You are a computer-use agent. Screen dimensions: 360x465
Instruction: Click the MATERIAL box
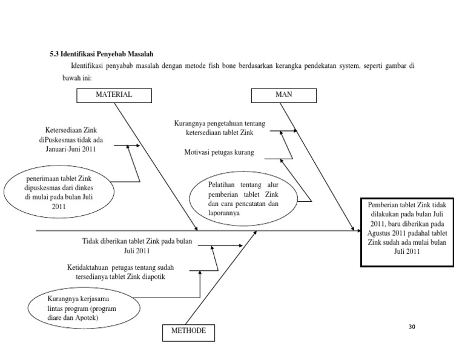click(x=113, y=95)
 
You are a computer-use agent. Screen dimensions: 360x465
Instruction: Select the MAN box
click(x=283, y=95)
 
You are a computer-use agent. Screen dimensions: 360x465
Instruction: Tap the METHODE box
click(x=188, y=331)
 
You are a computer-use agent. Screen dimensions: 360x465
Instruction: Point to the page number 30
click(x=412, y=327)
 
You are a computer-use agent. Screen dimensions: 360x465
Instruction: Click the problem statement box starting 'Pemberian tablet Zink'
click(x=406, y=231)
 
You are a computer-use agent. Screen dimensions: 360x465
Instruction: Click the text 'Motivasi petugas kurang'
click(x=219, y=152)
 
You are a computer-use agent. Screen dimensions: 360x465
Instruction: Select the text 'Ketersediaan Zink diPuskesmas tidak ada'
click(x=71, y=135)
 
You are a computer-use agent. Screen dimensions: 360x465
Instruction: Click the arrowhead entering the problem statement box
click(x=353, y=230)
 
